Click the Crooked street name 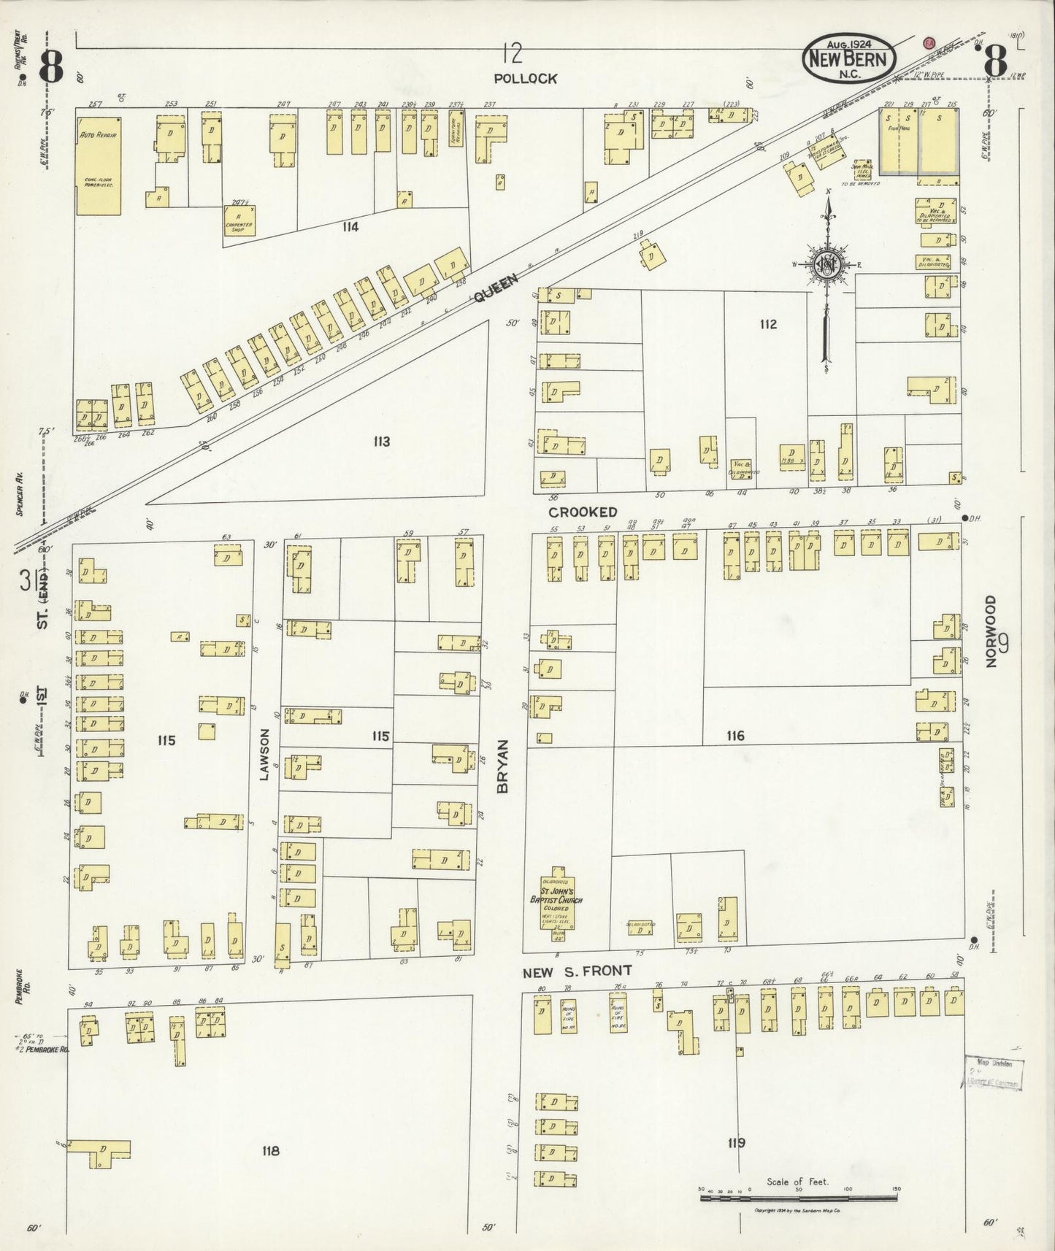pyautogui.click(x=583, y=512)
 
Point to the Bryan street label pyautogui.click(x=504, y=766)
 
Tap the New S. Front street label pyautogui.click(x=577, y=971)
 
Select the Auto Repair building pyautogui.click(x=99, y=163)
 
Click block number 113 pyautogui.click(x=380, y=442)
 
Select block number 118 pyautogui.click(x=269, y=1151)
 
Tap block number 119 pyautogui.click(x=736, y=1142)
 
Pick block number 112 pyautogui.click(x=767, y=324)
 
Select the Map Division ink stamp pyautogui.click(x=994, y=1072)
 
